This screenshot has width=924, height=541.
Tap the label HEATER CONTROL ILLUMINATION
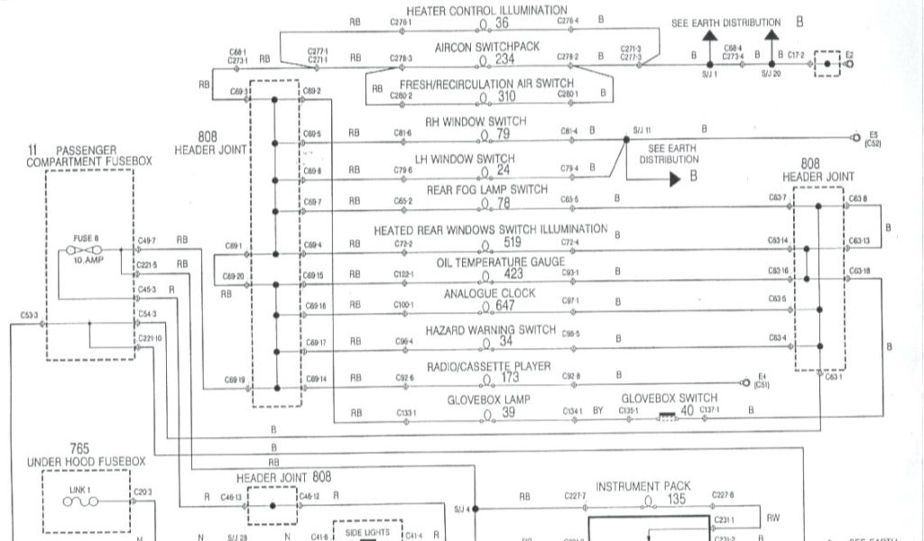(486, 10)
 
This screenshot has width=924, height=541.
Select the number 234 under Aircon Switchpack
(504, 60)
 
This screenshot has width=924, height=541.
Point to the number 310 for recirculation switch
(506, 96)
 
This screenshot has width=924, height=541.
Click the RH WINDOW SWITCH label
(476, 121)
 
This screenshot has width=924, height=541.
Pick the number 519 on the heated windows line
(513, 243)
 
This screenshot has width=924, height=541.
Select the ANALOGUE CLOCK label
(489, 293)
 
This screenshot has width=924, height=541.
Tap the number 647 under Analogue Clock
(505, 306)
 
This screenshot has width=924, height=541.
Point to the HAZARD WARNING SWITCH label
(491, 330)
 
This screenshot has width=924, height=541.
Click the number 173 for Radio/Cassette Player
(511, 377)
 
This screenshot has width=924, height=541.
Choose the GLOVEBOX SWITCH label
(670, 398)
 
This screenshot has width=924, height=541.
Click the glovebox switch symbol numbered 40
(668, 417)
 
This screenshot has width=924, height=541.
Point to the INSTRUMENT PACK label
(643, 486)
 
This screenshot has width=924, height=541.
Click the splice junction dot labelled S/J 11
(624, 140)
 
